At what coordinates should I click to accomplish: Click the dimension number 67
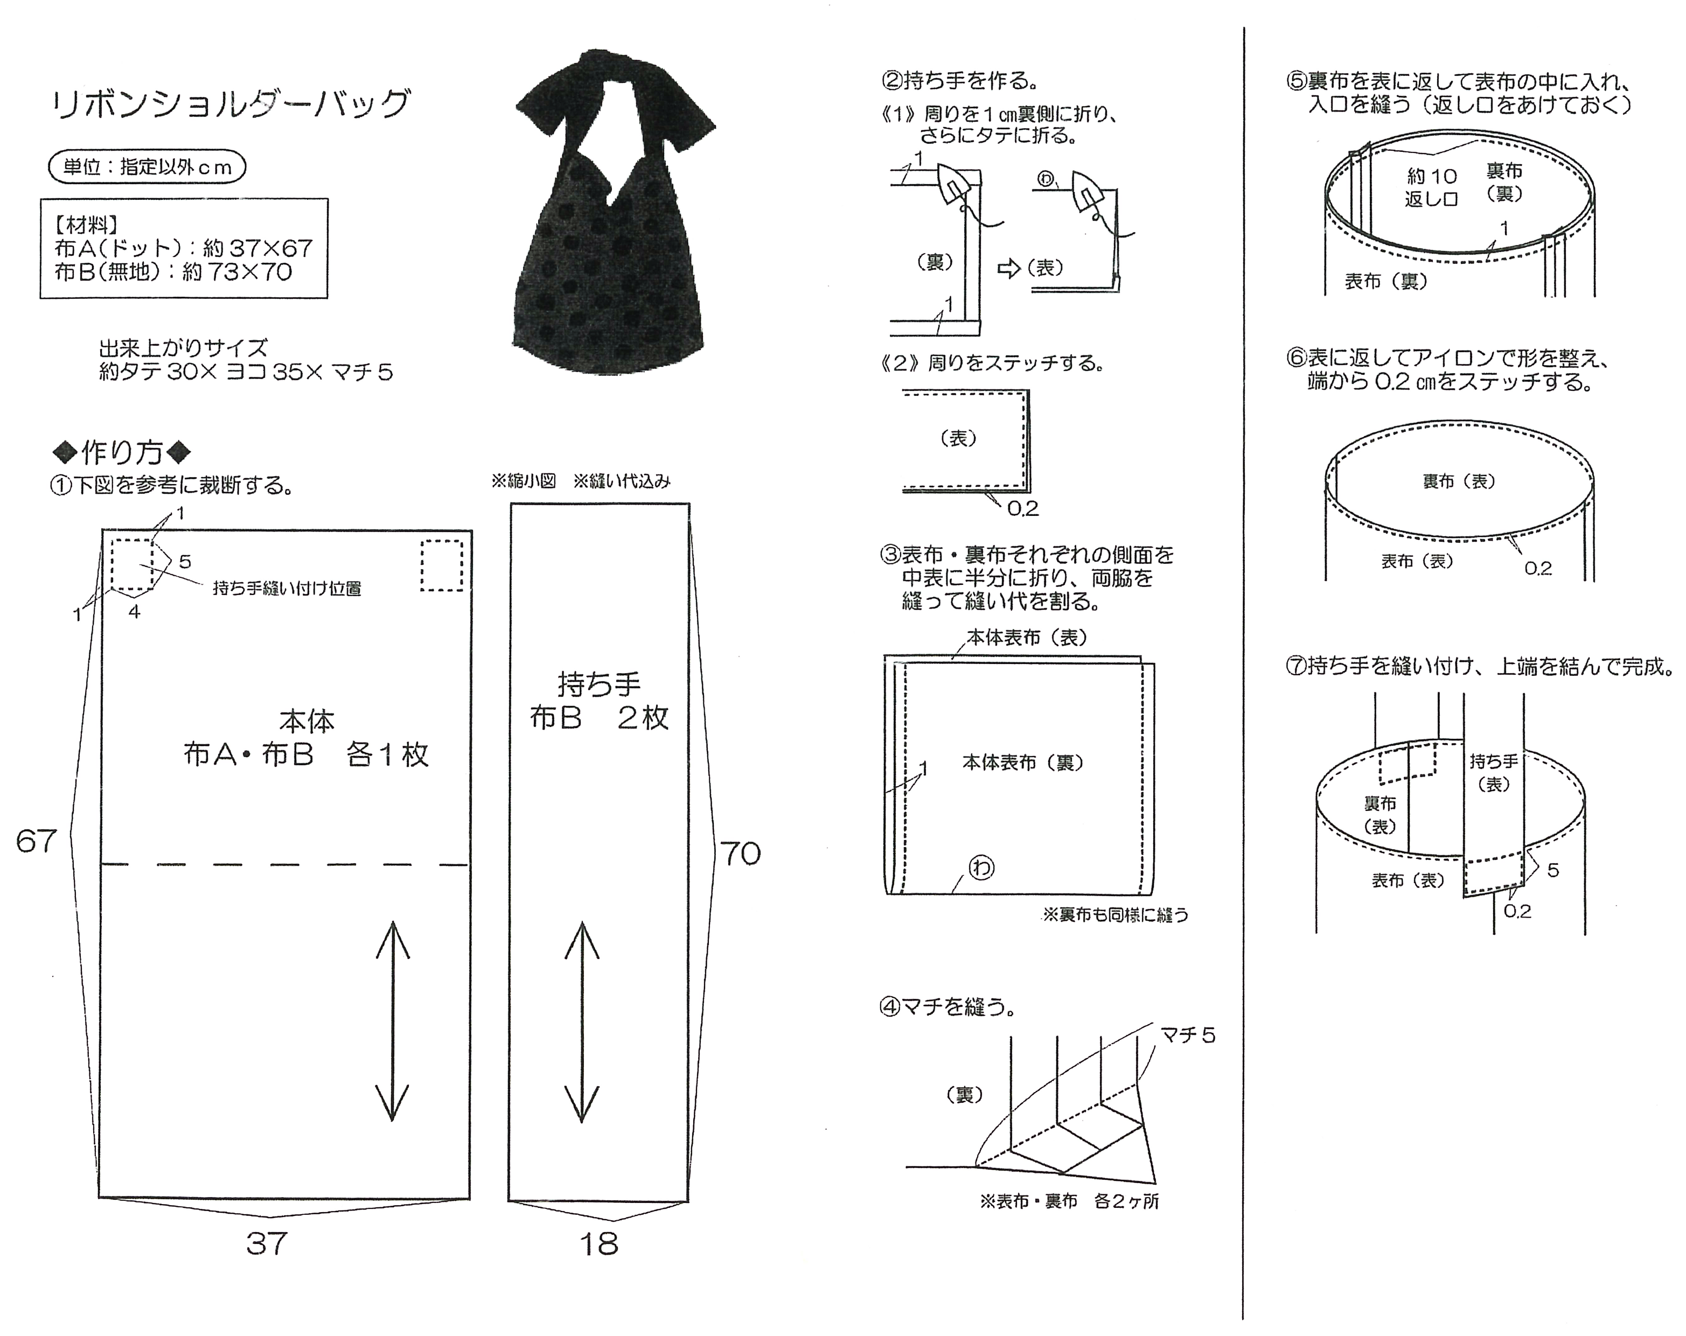click(x=37, y=841)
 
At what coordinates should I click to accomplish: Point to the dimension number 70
click(x=740, y=853)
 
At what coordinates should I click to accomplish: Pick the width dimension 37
click(x=267, y=1243)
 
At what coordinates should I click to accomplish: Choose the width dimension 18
click(x=598, y=1243)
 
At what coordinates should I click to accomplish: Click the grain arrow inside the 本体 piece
click(x=393, y=1021)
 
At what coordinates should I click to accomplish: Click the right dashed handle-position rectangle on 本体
click(x=442, y=565)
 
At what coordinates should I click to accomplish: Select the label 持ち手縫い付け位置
click(x=287, y=589)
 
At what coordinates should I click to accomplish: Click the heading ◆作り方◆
click(x=121, y=452)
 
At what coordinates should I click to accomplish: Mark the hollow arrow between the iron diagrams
click(x=1009, y=269)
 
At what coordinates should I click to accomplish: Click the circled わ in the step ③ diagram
click(x=981, y=867)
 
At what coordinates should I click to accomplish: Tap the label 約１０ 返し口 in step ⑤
click(x=1432, y=187)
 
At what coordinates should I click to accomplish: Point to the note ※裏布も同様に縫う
click(x=1115, y=915)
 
